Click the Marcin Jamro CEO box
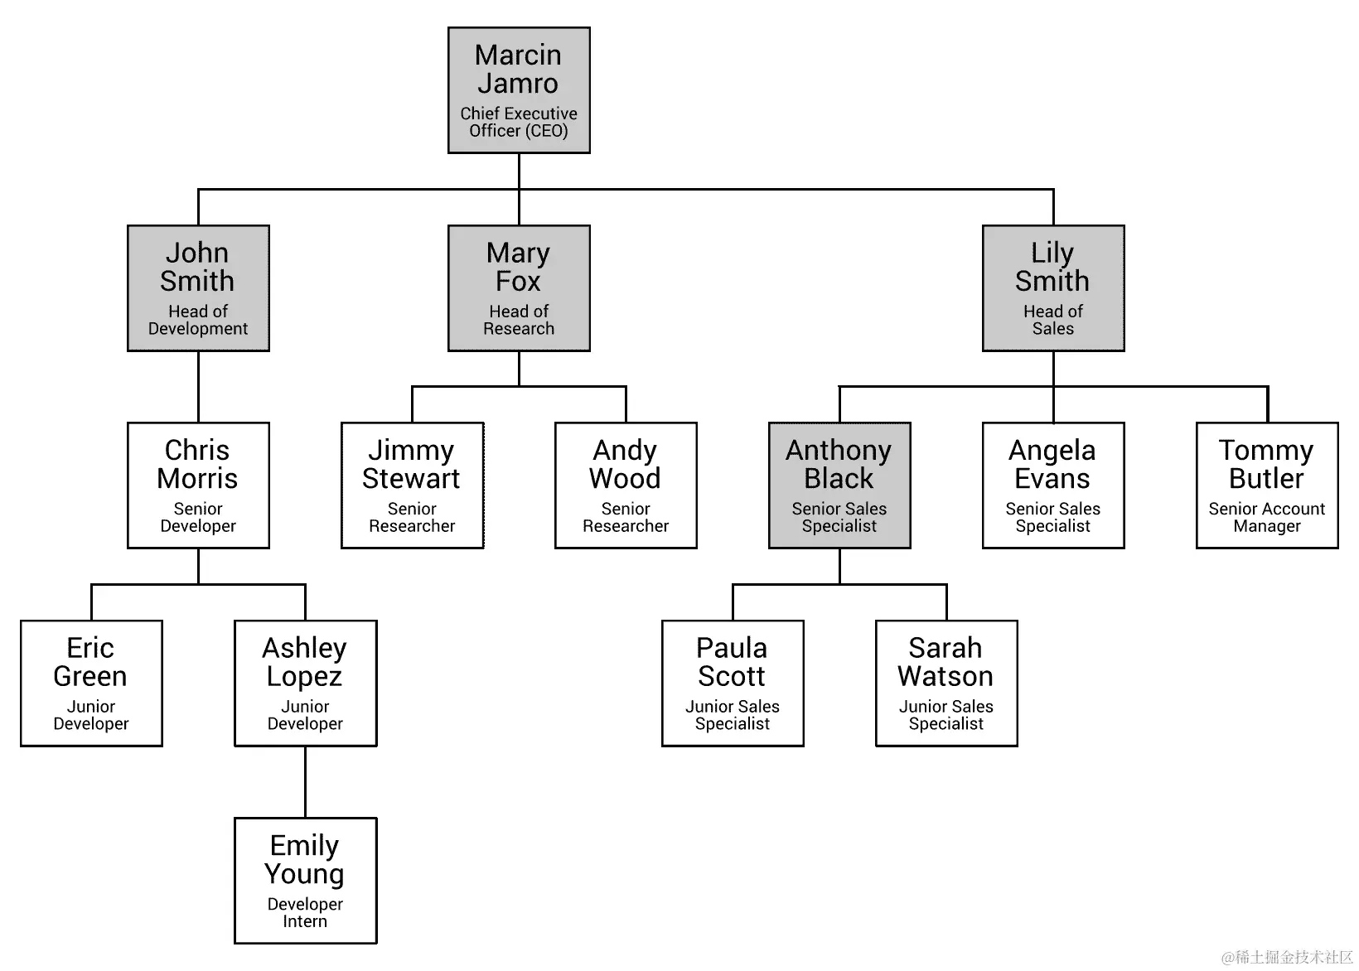(519, 89)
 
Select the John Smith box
(198, 287)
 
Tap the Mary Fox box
(519, 287)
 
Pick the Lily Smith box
(1052, 287)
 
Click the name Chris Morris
(198, 464)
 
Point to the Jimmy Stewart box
(412, 485)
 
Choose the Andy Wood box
(626, 485)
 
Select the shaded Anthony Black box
(839, 485)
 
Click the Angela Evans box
(1052, 485)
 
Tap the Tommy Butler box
(1266, 485)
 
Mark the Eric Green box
(91, 683)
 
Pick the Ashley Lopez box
(305, 683)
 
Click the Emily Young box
(305, 880)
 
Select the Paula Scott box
(733, 683)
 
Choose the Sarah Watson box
(946, 683)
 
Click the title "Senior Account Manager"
(1266, 517)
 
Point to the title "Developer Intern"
(305, 912)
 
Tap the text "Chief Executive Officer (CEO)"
(519, 122)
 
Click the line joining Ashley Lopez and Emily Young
(305, 781)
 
